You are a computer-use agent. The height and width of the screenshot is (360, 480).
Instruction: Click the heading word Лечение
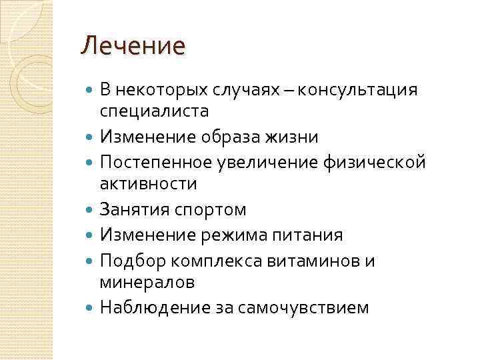pyautogui.click(x=132, y=47)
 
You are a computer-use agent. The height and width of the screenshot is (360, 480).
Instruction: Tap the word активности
pyautogui.click(x=148, y=183)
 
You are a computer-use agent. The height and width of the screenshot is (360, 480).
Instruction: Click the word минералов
pyautogui.click(x=147, y=281)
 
